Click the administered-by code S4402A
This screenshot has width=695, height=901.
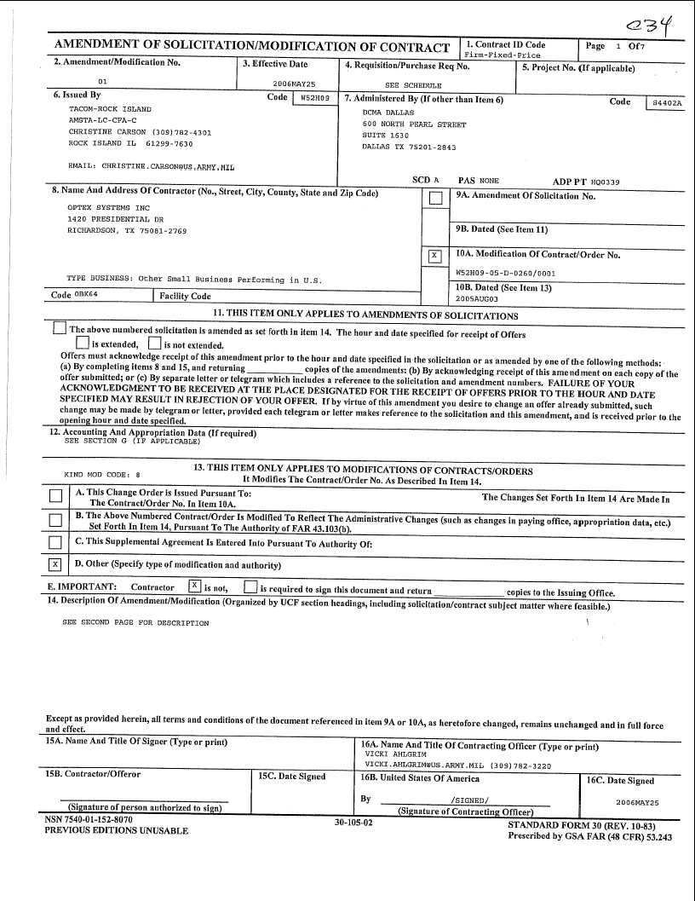point(666,102)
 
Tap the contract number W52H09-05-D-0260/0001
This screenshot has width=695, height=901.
point(506,274)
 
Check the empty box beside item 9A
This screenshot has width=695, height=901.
point(435,199)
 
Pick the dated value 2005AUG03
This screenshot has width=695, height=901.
point(477,299)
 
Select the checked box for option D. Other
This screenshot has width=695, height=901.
point(55,564)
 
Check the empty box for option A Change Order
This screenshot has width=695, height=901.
point(55,496)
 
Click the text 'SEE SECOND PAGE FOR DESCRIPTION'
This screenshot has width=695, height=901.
point(135,623)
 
